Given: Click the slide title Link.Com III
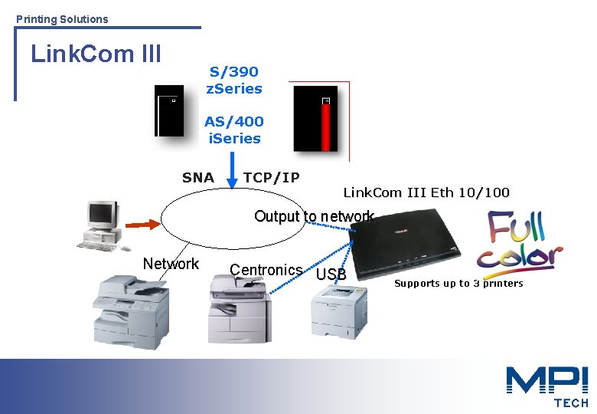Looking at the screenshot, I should tap(96, 54).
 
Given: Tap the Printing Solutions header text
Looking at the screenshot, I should tap(62, 18).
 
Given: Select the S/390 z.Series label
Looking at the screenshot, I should tap(234, 80).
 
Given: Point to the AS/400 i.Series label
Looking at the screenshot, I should tap(234, 130).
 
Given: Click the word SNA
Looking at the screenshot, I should tap(198, 178).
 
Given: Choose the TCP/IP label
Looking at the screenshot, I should tap(271, 178).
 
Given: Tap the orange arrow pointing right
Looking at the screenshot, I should tap(142, 224).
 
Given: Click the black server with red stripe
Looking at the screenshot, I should tap(315, 119).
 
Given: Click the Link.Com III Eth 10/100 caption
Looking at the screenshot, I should tap(426, 192).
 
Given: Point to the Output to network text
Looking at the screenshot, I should tap(314, 216).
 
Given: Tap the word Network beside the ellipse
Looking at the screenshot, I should tap(171, 264).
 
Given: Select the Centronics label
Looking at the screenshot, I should tap(266, 270).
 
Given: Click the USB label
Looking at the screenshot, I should tap(331, 274).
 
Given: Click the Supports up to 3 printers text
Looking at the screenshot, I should tap(458, 284).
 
